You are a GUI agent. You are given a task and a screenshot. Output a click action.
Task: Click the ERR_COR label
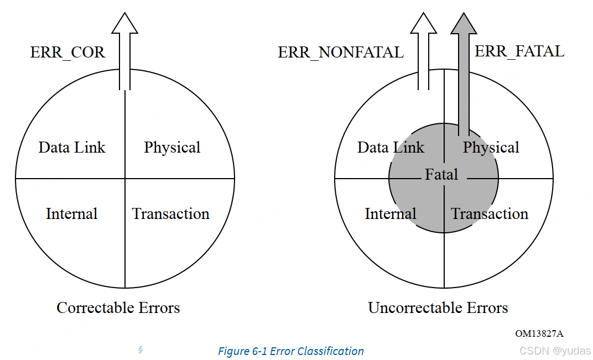[67, 53]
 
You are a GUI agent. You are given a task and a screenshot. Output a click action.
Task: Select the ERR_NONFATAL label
[341, 53]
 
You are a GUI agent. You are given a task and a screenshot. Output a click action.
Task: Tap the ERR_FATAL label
[519, 51]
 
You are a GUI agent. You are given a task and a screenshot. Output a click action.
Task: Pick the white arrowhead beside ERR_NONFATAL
[424, 24]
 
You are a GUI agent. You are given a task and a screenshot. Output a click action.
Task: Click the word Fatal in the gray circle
[441, 175]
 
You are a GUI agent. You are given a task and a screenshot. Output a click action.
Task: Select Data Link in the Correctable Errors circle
[72, 147]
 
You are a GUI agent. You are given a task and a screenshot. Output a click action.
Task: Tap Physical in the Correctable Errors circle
[172, 147]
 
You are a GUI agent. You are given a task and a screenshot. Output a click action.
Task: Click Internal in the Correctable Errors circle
[71, 214]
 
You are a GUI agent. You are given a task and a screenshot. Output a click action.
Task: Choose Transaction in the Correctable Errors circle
[171, 214]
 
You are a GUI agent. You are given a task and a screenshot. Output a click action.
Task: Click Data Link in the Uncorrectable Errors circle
[391, 147]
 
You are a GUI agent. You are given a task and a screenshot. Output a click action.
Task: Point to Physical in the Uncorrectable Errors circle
[491, 147]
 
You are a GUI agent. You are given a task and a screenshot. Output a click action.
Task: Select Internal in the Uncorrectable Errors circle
[391, 214]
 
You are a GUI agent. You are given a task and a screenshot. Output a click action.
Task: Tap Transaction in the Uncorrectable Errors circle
[490, 214]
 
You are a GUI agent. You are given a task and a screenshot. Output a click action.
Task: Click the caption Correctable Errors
[118, 307]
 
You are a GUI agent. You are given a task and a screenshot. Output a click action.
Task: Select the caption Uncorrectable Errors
[438, 307]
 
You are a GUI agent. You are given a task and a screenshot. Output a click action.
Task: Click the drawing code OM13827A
[539, 333]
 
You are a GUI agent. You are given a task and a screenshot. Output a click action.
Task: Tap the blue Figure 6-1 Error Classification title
[291, 351]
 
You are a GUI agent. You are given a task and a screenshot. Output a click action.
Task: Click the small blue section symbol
[141, 349]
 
